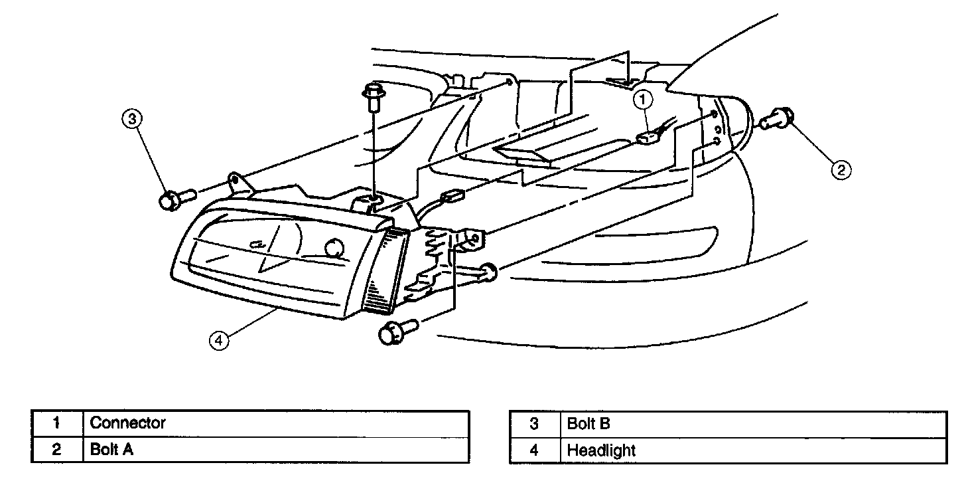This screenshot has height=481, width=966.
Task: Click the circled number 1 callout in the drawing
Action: point(643,100)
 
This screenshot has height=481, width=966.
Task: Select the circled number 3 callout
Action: point(133,119)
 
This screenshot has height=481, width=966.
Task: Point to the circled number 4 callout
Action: point(219,340)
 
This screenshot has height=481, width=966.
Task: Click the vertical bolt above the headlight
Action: point(373,100)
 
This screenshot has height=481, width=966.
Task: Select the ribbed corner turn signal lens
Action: point(385,269)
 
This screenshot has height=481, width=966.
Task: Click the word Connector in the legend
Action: point(127,423)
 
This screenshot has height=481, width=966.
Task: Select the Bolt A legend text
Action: point(111,450)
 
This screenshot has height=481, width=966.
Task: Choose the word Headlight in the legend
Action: point(601,450)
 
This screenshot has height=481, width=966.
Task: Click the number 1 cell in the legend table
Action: point(57,423)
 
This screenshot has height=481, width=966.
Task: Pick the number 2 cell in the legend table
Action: point(57,450)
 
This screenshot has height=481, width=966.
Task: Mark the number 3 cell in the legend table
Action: point(535,423)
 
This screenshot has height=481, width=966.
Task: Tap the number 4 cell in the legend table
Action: point(535,450)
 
